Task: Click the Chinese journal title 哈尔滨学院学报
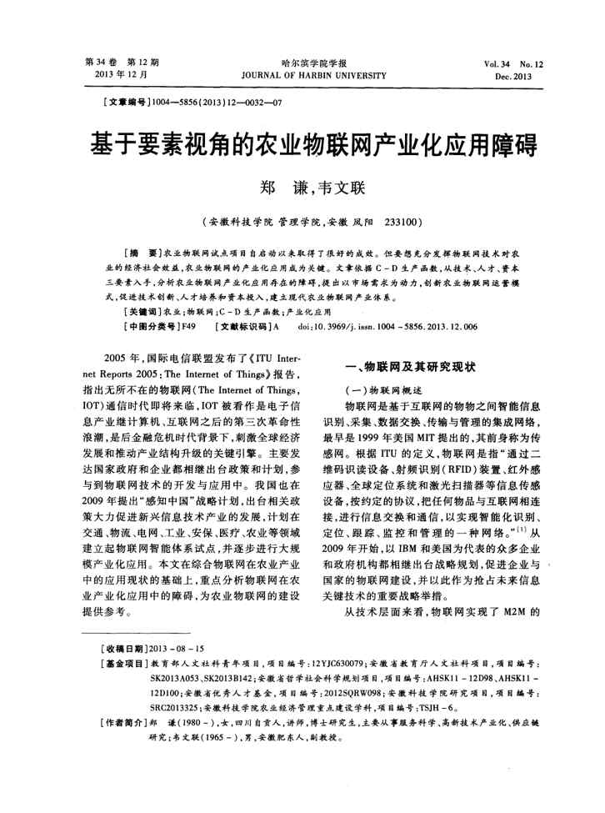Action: [x=303, y=63]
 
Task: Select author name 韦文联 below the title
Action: [x=342, y=188]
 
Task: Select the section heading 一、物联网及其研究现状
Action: [x=409, y=367]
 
